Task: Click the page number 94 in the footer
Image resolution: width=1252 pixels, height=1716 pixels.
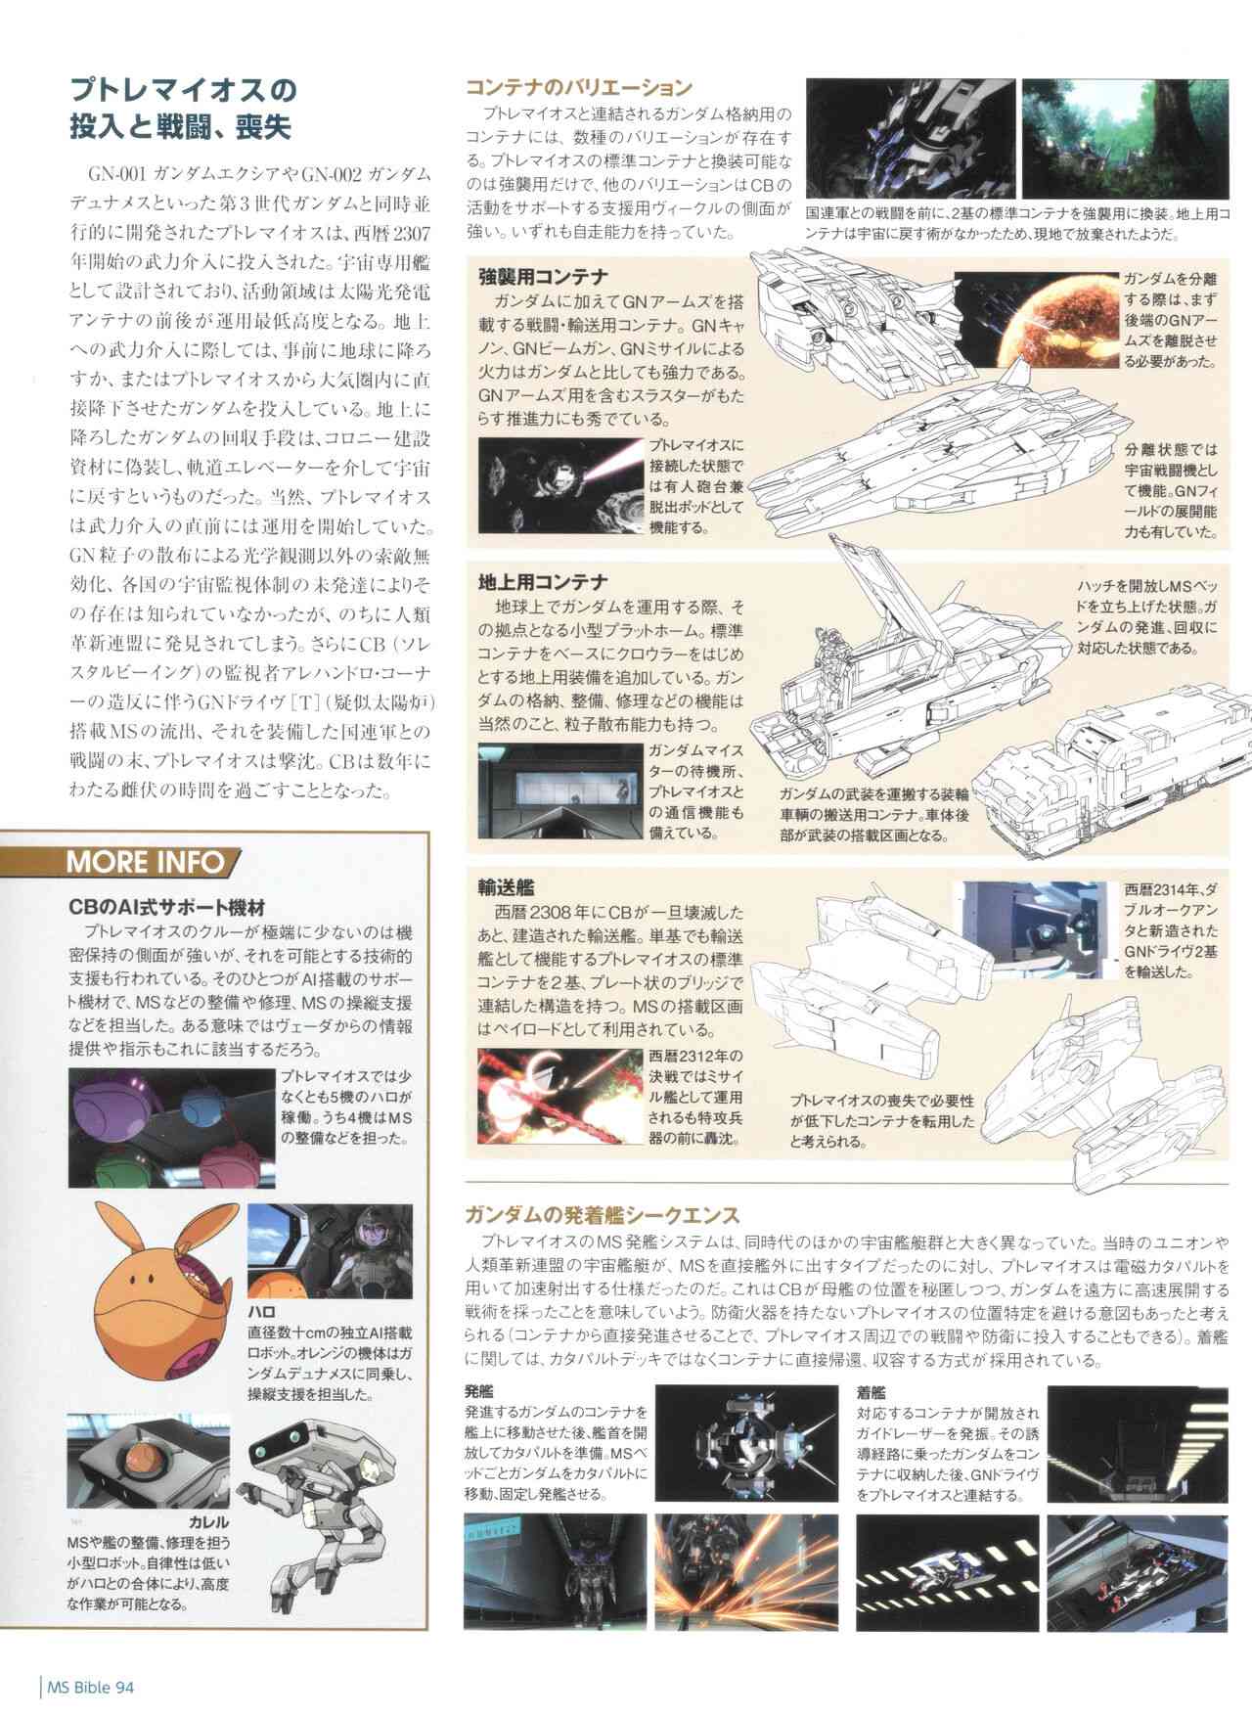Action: click(x=124, y=1686)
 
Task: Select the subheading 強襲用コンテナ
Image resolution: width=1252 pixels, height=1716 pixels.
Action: click(x=544, y=277)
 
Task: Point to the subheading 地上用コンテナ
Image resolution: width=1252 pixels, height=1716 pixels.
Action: click(x=544, y=582)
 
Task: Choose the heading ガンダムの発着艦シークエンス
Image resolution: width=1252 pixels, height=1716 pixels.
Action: click(x=602, y=1216)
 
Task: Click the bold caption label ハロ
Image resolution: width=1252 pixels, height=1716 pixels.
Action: click(x=262, y=1311)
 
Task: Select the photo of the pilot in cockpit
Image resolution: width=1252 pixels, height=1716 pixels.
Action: click(x=330, y=1250)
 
